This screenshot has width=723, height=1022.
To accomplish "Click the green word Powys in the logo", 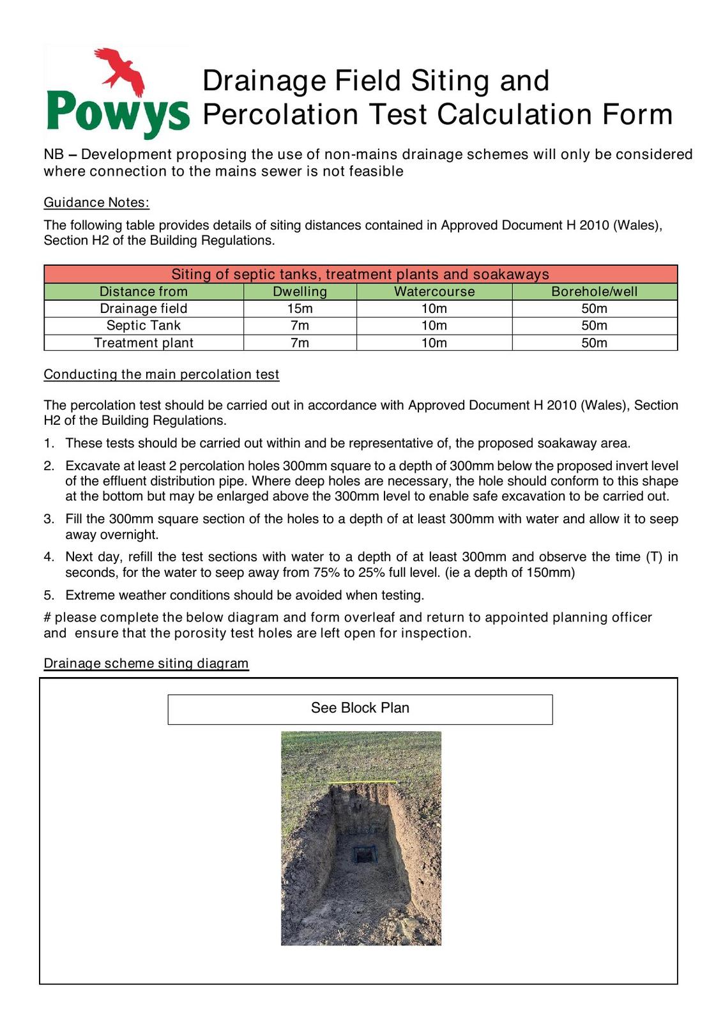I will [118, 114].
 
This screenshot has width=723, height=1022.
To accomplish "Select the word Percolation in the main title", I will [281, 114].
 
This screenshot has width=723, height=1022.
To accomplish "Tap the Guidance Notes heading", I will [96, 202].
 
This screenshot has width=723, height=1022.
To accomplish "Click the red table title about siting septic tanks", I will [360, 274].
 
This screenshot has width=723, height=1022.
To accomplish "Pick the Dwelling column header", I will [300, 291].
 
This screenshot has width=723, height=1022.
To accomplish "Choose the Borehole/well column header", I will [594, 291].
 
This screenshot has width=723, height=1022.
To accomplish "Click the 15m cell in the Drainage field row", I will [300, 309].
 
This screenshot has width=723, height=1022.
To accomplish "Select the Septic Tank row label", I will [144, 325].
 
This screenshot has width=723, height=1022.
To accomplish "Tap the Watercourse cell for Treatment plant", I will [434, 342].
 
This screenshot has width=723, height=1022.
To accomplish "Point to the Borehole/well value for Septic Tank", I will [594, 325].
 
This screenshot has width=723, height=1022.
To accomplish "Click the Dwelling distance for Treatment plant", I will [300, 342].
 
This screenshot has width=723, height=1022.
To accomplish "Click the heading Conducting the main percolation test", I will [162, 374].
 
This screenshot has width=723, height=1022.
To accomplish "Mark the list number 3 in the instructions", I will [49, 519].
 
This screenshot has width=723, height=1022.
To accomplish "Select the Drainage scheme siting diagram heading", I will [146, 663].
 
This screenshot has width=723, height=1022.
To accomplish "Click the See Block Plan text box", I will [360, 708].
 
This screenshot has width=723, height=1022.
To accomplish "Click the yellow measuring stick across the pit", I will [361, 782].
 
